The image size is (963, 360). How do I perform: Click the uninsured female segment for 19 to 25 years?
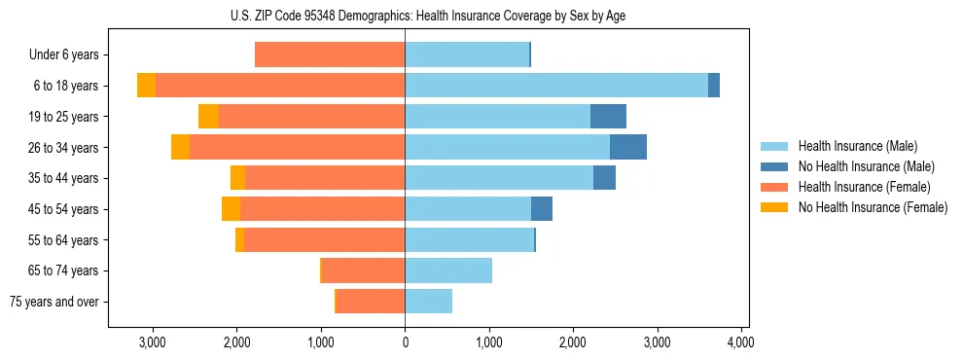[x=208, y=117]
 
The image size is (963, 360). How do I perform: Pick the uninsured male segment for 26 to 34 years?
[x=628, y=147]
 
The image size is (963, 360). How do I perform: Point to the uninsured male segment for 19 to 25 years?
[x=608, y=117]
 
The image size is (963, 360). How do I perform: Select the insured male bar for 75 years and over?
[x=429, y=302]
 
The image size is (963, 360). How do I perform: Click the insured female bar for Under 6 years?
[x=330, y=54]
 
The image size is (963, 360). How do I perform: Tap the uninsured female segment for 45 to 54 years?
[x=231, y=209]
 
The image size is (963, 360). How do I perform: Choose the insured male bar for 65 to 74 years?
[x=448, y=270]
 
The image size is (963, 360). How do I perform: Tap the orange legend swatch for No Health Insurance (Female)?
[x=775, y=207]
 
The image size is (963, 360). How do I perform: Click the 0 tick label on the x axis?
[x=405, y=342]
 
